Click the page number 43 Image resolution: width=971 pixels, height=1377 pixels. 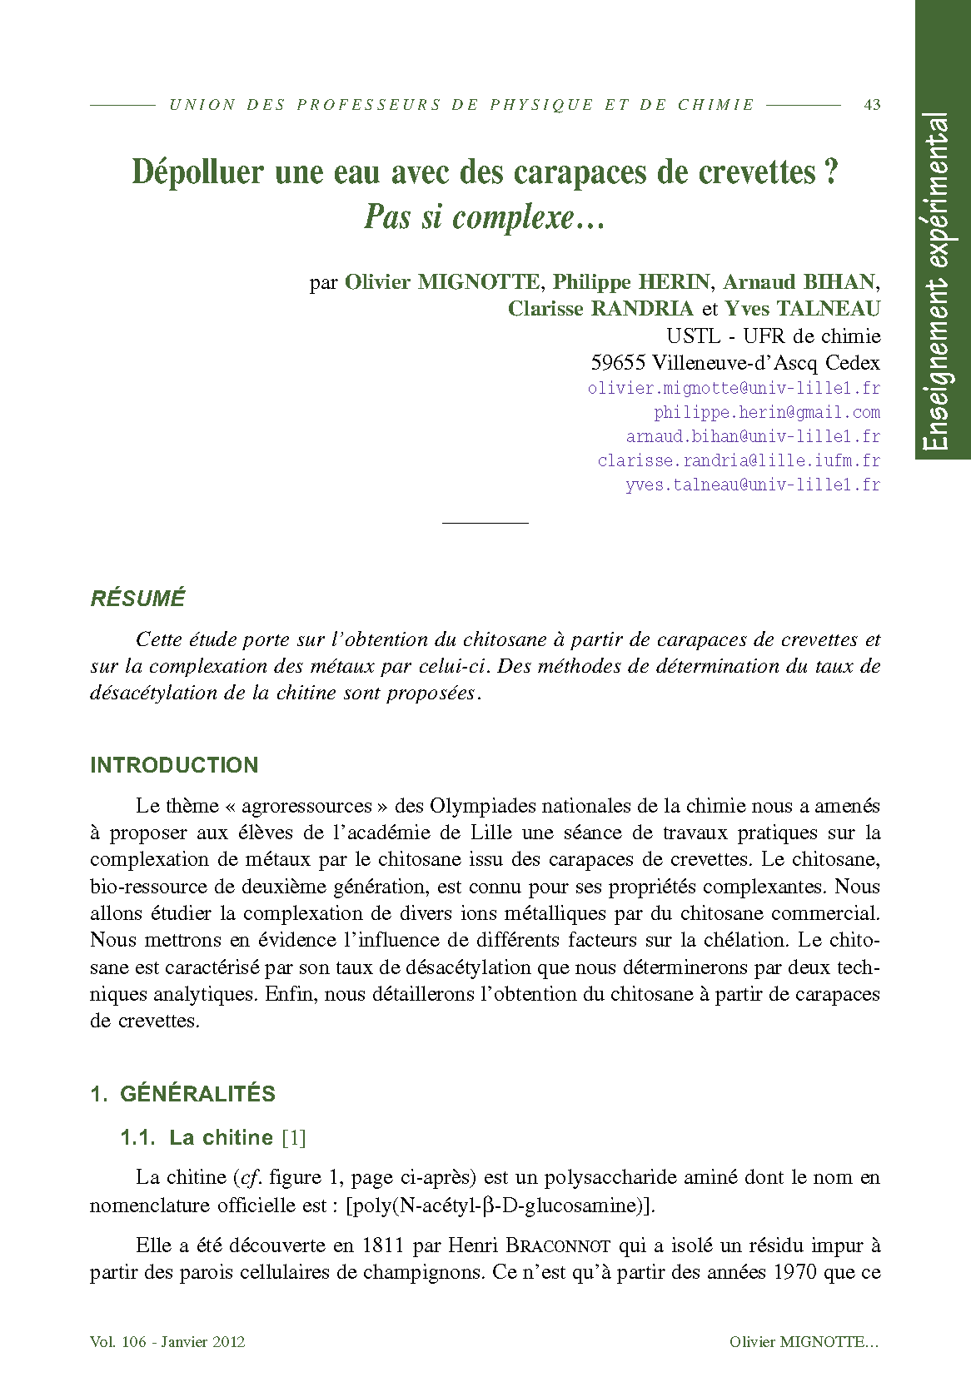(872, 105)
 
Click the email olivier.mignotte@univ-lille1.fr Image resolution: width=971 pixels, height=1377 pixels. (734, 388)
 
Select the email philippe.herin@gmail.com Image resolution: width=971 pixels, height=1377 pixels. (766, 412)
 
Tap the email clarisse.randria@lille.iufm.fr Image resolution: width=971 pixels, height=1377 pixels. (739, 460)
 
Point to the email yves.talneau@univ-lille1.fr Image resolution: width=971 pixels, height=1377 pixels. (752, 485)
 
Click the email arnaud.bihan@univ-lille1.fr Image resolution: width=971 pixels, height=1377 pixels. (753, 436)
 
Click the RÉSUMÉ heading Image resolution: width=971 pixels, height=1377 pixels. (137, 599)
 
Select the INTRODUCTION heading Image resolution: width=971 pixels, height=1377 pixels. (174, 765)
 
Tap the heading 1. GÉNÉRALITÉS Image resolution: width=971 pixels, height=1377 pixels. (182, 1094)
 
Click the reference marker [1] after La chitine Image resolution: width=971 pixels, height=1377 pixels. (294, 1137)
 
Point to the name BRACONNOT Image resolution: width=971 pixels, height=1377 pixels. (559, 1246)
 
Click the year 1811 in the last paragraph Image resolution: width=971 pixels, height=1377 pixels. (383, 1246)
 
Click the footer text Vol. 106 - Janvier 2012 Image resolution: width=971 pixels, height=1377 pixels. (167, 1341)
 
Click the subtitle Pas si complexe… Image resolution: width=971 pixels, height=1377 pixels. (485, 217)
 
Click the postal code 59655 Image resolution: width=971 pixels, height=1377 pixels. (618, 362)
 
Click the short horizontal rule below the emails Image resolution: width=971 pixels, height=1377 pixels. (485, 523)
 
